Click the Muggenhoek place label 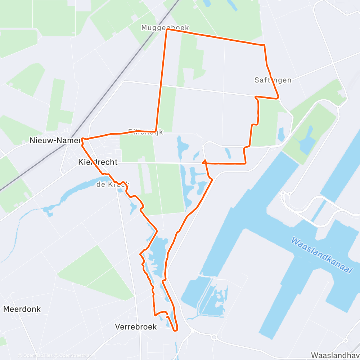click(165, 28)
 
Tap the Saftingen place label click(273, 80)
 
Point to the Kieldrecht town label click(98, 162)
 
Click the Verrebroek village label click(136, 327)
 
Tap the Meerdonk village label click(22, 309)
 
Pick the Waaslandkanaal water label click(321, 255)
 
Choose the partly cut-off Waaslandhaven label click(335, 355)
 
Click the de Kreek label click(112, 185)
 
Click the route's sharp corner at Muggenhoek click(166, 30)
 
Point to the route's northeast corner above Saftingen click(264, 45)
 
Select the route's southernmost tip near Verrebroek click(175, 330)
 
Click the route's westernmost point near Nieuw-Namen click(82, 138)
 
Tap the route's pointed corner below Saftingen click(278, 98)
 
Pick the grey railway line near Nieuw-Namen click(47, 158)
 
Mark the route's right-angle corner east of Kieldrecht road click(246, 163)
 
